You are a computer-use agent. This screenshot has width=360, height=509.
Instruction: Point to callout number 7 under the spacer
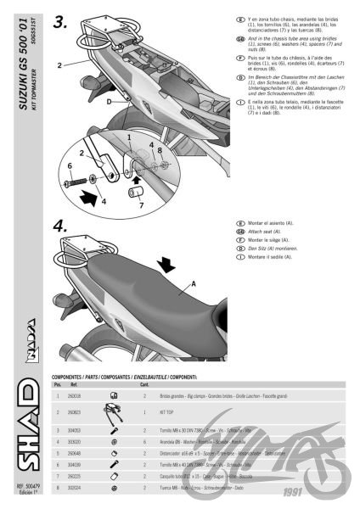coord(141,204)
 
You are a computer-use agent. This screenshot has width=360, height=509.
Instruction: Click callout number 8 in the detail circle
coord(159,150)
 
